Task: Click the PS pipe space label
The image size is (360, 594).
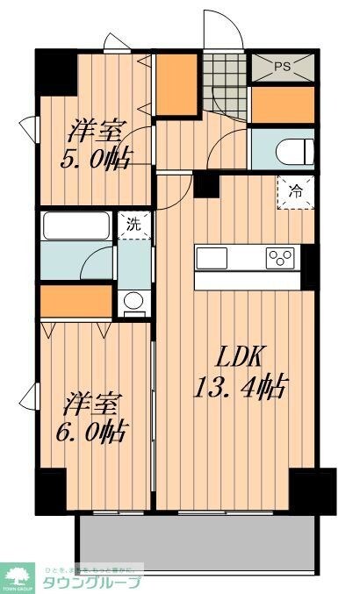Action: (x=282, y=65)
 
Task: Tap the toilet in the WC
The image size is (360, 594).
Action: (x=291, y=148)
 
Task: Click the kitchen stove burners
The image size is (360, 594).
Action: (x=282, y=257)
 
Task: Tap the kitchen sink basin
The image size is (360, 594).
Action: (x=211, y=257)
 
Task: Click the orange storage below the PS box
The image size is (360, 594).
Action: (x=282, y=104)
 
